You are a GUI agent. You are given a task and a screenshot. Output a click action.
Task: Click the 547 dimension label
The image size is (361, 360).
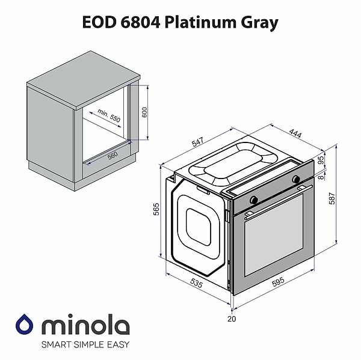(199, 142)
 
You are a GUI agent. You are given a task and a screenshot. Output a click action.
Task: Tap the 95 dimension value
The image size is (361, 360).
(321, 160)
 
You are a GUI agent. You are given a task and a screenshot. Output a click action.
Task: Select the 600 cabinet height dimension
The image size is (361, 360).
(144, 112)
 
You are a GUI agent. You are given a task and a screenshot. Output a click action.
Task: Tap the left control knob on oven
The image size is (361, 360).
(254, 198)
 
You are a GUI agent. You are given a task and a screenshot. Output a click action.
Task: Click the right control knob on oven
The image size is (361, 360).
(296, 179)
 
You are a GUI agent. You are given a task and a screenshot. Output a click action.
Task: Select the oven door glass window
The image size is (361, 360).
(274, 238)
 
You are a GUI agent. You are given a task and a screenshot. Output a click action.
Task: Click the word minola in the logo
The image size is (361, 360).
(84, 326)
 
